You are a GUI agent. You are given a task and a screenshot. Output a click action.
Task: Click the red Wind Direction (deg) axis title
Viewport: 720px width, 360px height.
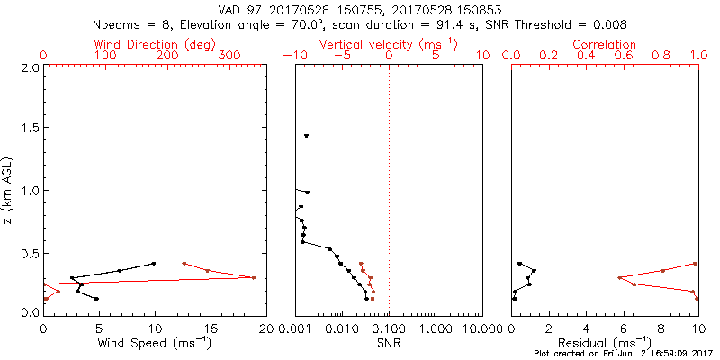coord(155,44)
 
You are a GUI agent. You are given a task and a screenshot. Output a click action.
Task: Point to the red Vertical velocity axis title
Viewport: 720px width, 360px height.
coord(389,44)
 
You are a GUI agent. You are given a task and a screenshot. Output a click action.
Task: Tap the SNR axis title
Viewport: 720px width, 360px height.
coord(389,342)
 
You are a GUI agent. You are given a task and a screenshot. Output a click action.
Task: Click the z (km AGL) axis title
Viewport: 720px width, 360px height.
coord(8,190)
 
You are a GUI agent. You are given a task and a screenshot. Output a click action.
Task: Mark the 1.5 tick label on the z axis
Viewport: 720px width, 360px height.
coord(30,129)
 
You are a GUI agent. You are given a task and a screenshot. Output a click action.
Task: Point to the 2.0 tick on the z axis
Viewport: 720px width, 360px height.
coord(30,68)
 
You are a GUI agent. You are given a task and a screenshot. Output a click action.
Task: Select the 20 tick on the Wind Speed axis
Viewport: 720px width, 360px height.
coord(266,329)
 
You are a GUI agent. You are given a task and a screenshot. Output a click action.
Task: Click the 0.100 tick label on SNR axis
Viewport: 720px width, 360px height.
coord(389,329)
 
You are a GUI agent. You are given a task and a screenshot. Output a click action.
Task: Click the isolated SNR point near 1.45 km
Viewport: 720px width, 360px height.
coord(307,136)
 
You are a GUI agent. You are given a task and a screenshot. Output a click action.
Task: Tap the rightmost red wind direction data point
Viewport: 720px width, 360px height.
coord(254,277)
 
